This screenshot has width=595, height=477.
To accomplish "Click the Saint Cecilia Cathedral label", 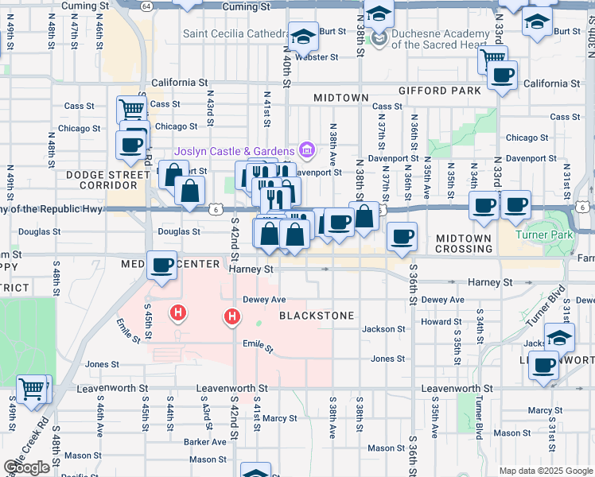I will pyautogui.click(x=234, y=34).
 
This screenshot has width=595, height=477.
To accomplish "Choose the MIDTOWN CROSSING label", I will pyautogui.click(x=464, y=244).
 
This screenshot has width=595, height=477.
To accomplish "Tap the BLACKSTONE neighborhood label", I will pyautogui.click(x=317, y=316).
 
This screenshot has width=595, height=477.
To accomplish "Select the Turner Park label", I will pyautogui.click(x=544, y=235).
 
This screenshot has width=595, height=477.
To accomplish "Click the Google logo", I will pyautogui.click(x=26, y=467).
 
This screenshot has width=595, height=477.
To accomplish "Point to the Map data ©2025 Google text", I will pyautogui.click(x=546, y=471).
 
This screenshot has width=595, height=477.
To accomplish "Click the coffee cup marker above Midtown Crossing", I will pyautogui.click(x=402, y=236).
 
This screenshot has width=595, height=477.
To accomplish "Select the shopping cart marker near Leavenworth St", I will pyautogui.click(x=32, y=390).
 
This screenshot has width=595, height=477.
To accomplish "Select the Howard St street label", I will pyautogui.click(x=436, y=322).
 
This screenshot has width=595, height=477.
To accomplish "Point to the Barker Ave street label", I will pyautogui.click(x=205, y=442).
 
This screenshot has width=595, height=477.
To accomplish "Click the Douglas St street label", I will pyautogui.click(x=178, y=231).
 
